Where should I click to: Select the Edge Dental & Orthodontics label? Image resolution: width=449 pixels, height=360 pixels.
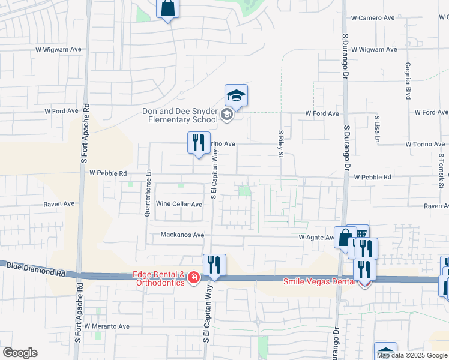coord(158,279)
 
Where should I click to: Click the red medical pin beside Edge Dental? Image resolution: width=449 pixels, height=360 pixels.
coord(194,277)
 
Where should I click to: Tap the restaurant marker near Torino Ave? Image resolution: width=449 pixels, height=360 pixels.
coord(199,143)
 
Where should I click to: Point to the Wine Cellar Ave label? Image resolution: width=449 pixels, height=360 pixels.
coord(179,204)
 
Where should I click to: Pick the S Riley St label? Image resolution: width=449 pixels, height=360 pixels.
coord(280,146)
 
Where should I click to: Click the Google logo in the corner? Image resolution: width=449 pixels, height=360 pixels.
coord(19,353)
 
